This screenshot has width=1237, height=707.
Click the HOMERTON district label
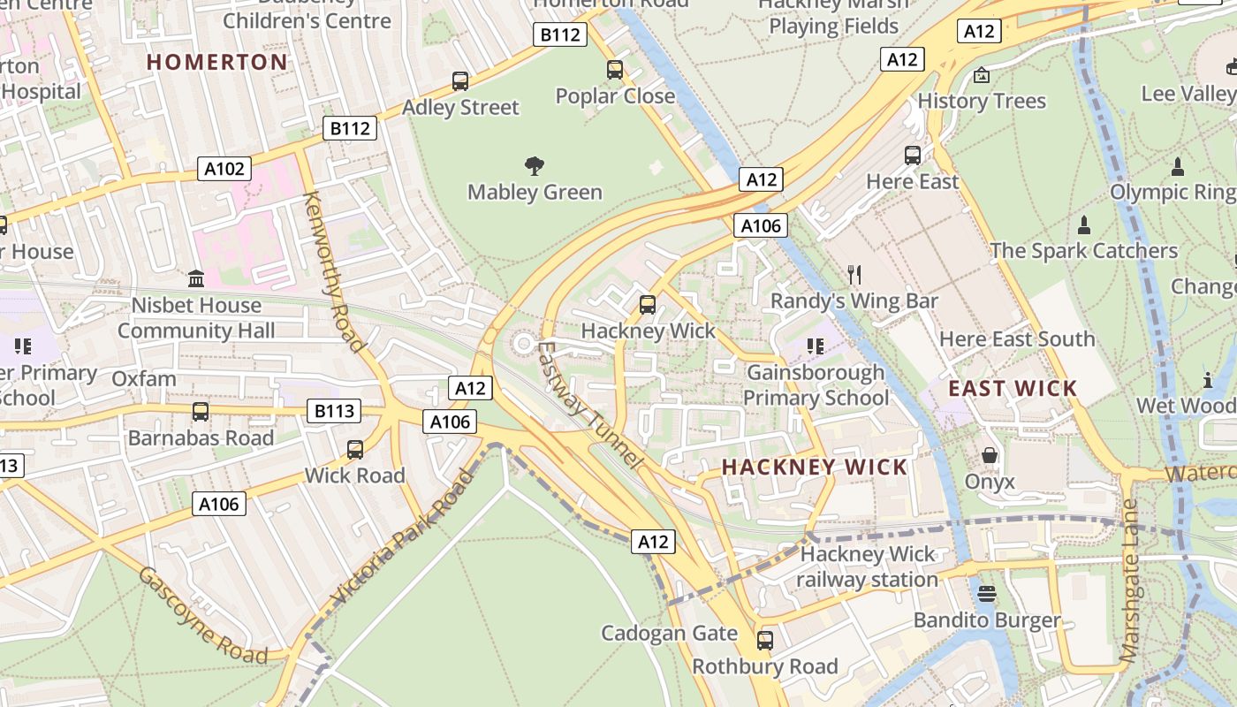pyautogui.click(x=217, y=62)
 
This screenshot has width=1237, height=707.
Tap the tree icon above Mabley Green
pyautogui.click(x=534, y=165)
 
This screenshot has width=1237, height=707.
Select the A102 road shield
pyautogui.click(x=224, y=169)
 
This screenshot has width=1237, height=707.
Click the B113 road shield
pyautogui.click(x=335, y=410)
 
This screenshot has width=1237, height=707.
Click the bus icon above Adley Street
pyautogui.click(x=460, y=81)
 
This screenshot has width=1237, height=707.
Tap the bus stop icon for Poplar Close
pyautogui.click(x=615, y=69)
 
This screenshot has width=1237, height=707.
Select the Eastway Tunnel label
pyautogui.click(x=587, y=404)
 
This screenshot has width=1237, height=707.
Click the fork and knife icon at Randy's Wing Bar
pyautogui.click(x=854, y=275)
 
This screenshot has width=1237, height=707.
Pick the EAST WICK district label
pyautogui.click(x=1013, y=388)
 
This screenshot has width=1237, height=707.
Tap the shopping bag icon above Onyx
pyautogui.click(x=990, y=455)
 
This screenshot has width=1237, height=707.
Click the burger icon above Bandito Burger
pyautogui.click(x=987, y=593)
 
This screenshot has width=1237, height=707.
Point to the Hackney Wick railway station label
pyautogui.click(x=867, y=567)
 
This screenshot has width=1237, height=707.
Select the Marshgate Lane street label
pyautogui.click(x=1130, y=581)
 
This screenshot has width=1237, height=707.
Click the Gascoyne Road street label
pyautogui.click(x=202, y=615)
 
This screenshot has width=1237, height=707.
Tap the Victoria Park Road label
pyautogui.click(x=403, y=539)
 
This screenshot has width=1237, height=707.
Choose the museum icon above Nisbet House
pyautogui.click(x=196, y=279)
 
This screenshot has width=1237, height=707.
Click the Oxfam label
pyautogui.click(x=144, y=378)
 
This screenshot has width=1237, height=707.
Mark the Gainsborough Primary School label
pyautogui.click(x=816, y=385)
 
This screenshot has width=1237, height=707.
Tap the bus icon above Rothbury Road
pyautogui.click(x=765, y=640)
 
